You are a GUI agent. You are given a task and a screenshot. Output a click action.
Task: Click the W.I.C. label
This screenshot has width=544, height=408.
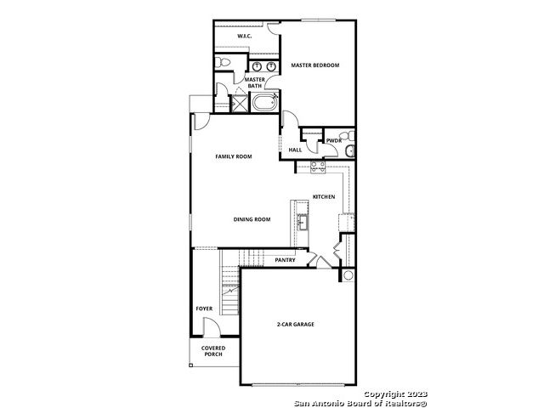245,36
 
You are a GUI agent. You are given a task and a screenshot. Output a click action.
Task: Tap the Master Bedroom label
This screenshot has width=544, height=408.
315,65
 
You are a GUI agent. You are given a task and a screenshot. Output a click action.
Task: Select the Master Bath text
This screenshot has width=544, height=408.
255,82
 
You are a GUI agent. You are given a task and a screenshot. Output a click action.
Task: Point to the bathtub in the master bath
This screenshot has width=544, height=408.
264,102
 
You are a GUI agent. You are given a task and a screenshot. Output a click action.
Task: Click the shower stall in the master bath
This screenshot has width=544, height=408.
239,103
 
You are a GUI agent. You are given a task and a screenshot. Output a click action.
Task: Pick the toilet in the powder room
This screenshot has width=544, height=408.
346,136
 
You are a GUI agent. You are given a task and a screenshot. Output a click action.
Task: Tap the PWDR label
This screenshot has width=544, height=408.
334,141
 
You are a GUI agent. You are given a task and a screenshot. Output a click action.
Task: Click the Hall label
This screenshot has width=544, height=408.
295,150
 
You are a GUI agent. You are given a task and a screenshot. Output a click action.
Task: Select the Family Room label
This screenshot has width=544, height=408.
234,156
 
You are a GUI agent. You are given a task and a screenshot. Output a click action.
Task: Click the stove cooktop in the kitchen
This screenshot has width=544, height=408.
318,167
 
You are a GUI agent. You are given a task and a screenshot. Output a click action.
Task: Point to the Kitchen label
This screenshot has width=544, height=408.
324,196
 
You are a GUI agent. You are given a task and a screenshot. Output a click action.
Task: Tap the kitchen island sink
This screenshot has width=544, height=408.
303,222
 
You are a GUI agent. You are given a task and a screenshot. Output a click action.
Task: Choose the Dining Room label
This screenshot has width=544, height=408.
252,219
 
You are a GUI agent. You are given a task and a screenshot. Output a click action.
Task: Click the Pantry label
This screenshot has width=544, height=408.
285,260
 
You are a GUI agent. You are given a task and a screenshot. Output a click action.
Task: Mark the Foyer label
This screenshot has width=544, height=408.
204,309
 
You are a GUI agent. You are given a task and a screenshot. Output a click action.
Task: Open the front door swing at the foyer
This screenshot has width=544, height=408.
212,327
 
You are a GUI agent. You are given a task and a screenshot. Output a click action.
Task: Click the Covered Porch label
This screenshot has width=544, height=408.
213,351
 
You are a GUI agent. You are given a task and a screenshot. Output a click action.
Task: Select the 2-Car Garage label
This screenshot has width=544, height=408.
296,325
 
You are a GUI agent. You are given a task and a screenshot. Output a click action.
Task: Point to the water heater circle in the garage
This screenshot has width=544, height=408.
348,275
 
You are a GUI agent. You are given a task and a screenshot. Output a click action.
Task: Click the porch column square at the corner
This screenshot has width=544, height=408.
190,365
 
